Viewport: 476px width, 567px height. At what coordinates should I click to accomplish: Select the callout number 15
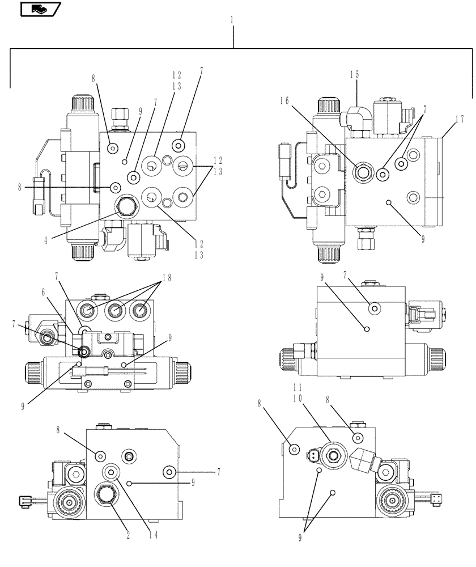(x=354, y=74)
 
